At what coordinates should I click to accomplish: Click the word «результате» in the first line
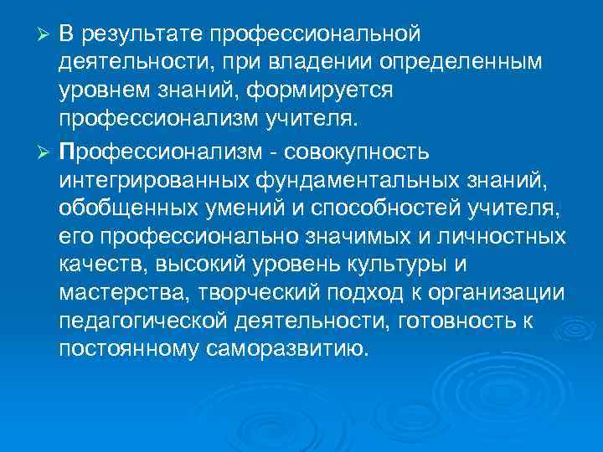pos(140,34)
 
